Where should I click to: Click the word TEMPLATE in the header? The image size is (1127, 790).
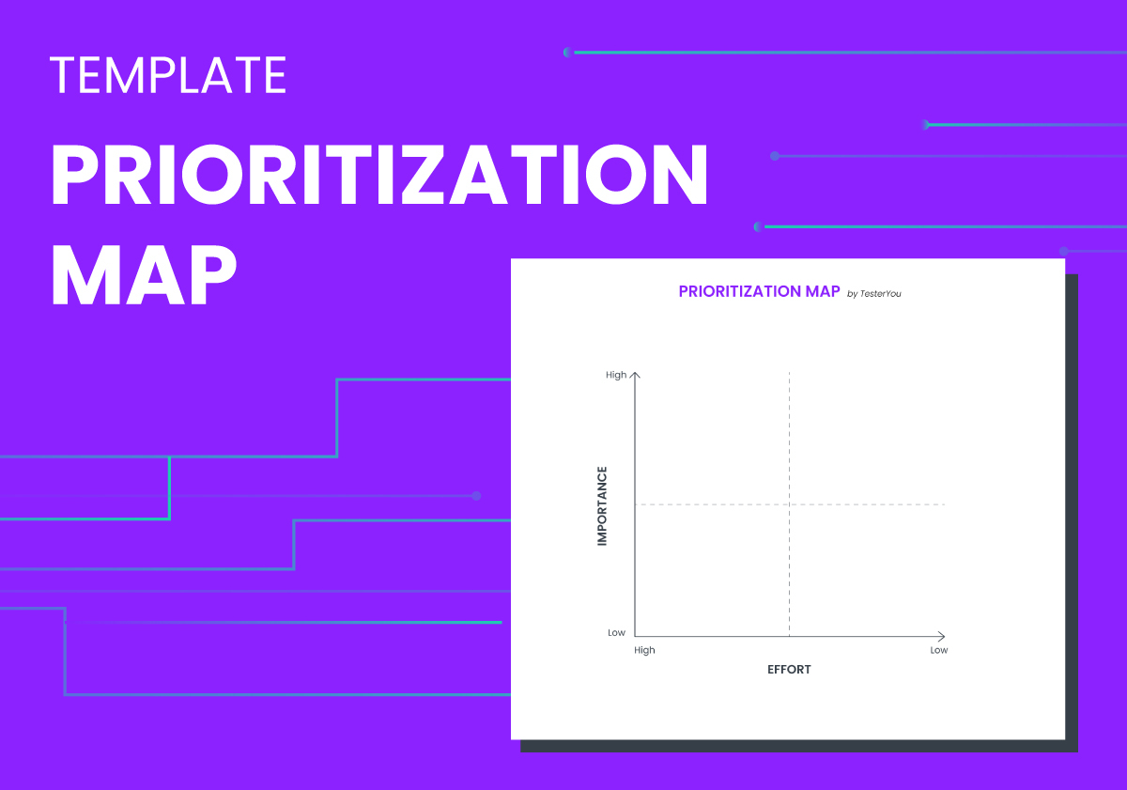point(168,75)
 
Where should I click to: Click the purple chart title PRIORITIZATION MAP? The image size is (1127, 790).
point(759,291)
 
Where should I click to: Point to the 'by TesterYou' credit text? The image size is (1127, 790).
point(873,294)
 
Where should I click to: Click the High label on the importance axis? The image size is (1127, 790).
point(616,375)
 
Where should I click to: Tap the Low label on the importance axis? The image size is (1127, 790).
point(616,632)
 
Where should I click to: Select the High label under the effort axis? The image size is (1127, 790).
point(644,650)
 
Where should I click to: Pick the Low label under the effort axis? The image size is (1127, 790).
point(939,650)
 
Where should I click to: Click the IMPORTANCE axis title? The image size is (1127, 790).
point(602,505)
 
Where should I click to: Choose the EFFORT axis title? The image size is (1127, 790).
point(789,670)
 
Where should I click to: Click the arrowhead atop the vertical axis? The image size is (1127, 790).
point(636,375)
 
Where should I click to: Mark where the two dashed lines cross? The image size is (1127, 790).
point(789,504)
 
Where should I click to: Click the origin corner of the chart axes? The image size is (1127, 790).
point(636,636)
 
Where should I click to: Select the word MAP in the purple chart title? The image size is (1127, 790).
point(822,291)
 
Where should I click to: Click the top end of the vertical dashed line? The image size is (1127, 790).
point(789,374)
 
